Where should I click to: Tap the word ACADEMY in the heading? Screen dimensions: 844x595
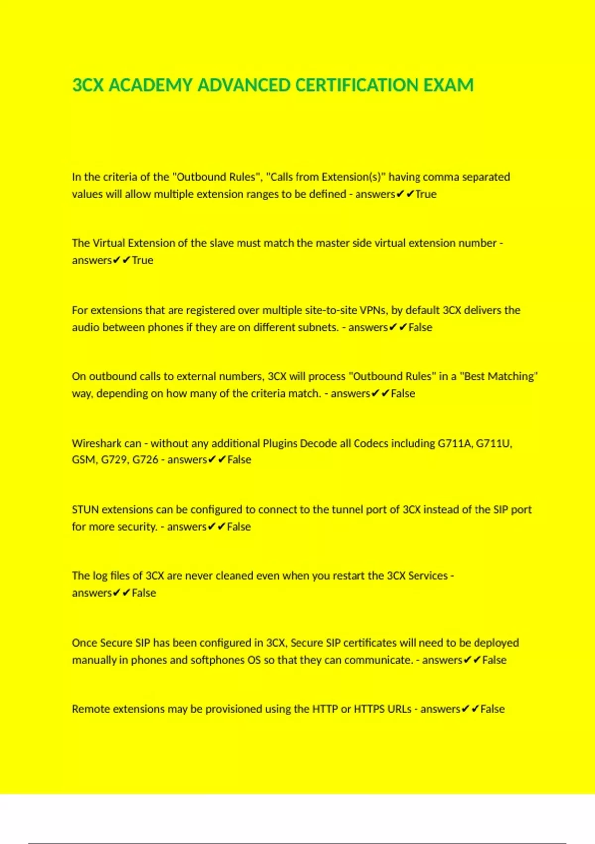click(150, 85)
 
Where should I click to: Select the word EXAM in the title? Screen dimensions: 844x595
click(448, 85)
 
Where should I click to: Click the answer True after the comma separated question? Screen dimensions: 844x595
click(426, 194)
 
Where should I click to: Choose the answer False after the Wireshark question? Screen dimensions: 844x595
click(239, 460)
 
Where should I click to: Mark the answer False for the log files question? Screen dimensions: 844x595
click(144, 593)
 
